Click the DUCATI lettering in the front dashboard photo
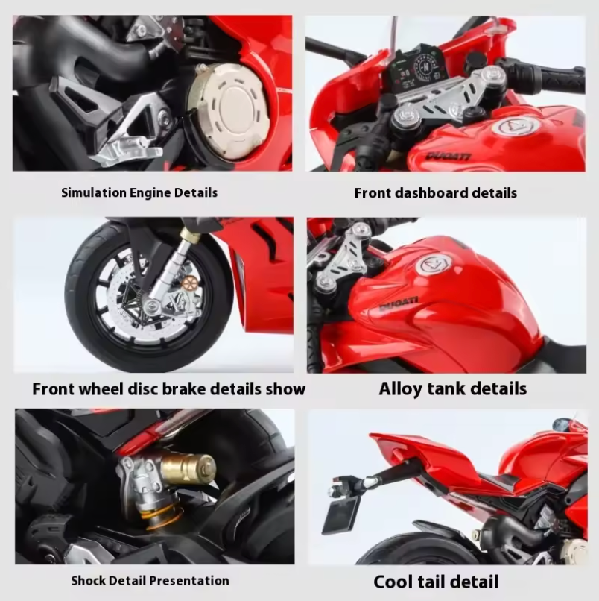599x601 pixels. [x=449, y=157]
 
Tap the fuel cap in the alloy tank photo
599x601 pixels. [x=433, y=264]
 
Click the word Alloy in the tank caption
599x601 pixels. [x=400, y=388]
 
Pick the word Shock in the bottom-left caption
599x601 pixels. [x=89, y=580]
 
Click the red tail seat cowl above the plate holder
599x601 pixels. [x=425, y=459]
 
